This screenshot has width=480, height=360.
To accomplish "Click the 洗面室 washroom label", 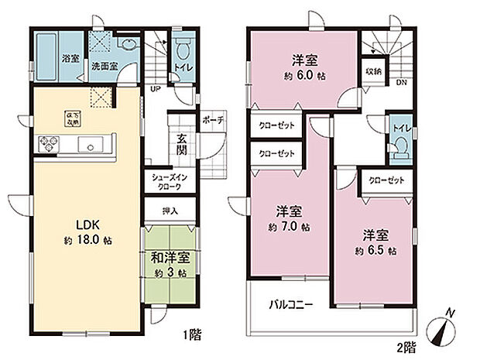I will (x=105, y=67).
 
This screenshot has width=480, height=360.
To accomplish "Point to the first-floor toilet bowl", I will (x=183, y=53).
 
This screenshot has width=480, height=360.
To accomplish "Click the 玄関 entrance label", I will (x=181, y=145).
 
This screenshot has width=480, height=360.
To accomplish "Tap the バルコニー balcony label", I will (x=291, y=305).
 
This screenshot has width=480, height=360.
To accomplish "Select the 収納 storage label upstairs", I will (x=372, y=71).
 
